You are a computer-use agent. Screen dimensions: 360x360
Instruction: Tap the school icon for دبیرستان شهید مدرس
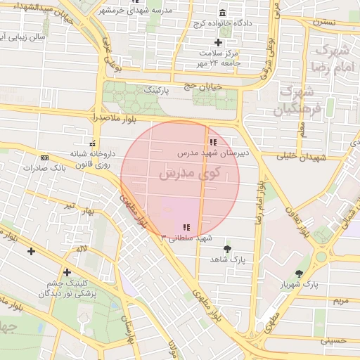213,143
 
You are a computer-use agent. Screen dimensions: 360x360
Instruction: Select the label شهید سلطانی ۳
186,238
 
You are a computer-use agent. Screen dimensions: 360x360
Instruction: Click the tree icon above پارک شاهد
226,249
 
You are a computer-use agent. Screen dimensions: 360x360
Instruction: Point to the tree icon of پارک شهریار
300,274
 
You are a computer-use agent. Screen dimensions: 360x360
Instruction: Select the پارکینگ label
157,91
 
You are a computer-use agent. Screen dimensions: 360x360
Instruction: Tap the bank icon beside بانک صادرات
44,158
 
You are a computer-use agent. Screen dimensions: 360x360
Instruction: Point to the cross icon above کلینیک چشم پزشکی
67,272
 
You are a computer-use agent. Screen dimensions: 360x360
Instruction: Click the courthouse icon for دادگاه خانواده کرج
223,14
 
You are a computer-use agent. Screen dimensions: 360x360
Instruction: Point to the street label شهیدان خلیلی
302,157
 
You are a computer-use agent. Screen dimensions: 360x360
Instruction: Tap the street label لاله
82,249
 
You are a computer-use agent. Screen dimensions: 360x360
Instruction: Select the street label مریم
339,300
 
